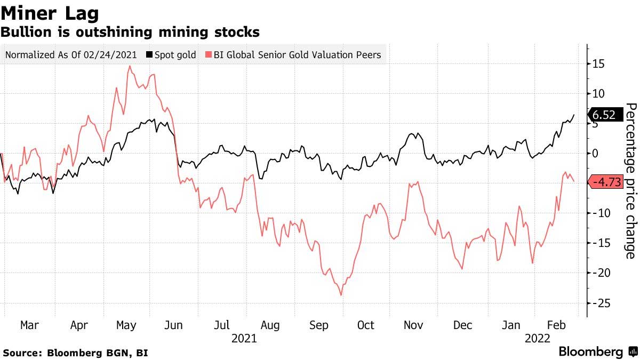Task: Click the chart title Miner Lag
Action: pos(50,12)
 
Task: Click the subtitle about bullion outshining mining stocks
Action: pos(130,32)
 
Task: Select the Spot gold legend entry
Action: pos(171,54)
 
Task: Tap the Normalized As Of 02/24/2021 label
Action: pos(70,54)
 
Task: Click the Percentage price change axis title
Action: pos(630,180)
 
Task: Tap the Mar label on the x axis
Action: pos(30,325)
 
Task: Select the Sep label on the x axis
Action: pos(318,325)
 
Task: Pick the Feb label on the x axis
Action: pos(557,325)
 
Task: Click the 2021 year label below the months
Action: pos(244,338)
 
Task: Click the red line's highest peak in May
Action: pos(129,66)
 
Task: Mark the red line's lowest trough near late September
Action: pos(341,295)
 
